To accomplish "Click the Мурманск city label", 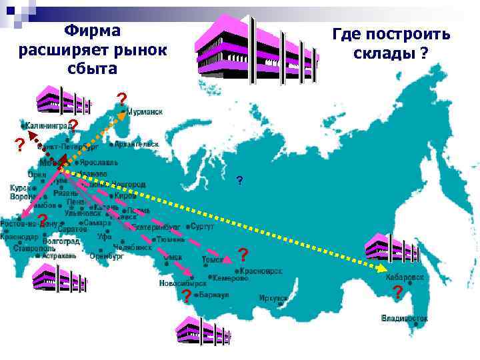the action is click(145, 112).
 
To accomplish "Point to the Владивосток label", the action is click(405, 318).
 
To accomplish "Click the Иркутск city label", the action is click(274, 298).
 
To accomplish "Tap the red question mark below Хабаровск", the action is click(398, 292).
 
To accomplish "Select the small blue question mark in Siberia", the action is click(239, 181).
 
